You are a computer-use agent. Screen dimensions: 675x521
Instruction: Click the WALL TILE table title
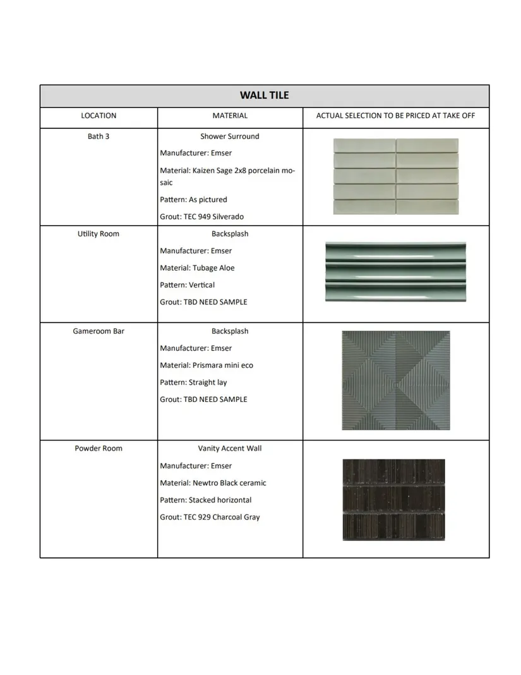(x=264, y=95)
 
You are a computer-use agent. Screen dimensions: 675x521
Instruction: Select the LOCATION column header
(x=99, y=116)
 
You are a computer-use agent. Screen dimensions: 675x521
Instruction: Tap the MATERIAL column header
(x=230, y=116)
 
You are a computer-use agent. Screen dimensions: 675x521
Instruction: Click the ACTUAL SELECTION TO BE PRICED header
(x=395, y=116)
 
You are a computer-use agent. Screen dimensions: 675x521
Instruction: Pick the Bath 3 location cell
(x=99, y=137)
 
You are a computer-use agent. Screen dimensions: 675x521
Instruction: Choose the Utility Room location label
(x=99, y=234)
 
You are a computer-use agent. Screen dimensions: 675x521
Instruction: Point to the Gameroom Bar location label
(x=99, y=331)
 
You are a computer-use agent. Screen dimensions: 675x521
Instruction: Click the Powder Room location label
(x=99, y=449)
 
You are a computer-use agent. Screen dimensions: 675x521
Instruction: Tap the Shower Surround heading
(x=230, y=137)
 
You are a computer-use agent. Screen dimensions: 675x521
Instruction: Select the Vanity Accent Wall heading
(x=230, y=449)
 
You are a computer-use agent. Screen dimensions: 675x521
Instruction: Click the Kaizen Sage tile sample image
(x=396, y=176)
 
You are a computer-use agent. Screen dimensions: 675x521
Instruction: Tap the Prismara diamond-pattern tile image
(x=396, y=380)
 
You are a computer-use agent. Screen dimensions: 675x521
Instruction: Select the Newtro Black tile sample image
(x=393, y=500)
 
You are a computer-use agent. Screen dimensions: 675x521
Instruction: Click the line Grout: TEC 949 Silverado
(x=201, y=217)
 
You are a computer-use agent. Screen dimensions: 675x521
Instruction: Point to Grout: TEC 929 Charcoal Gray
(x=210, y=517)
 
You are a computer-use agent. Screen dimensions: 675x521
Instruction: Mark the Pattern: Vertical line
(x=187, y=285)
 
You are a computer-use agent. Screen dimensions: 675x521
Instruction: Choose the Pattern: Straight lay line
(x=193, y=382)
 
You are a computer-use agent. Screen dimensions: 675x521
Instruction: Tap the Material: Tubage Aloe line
(x=197, y=268)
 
